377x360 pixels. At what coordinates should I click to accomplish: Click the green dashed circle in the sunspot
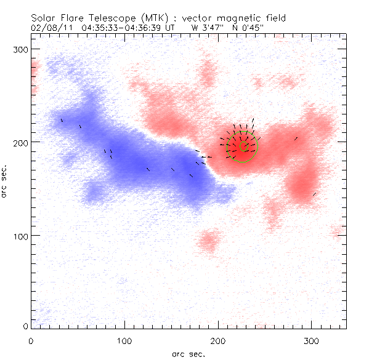(242, 148)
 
